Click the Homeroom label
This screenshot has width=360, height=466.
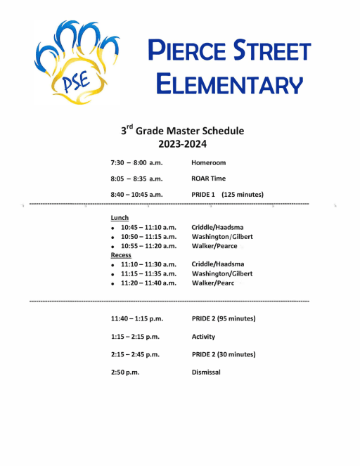pos(208,162)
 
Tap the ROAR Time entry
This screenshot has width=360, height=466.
pos(209,179)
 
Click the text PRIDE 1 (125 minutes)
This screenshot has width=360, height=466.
pos(227,195)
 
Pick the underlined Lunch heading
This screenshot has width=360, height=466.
pos(120,218)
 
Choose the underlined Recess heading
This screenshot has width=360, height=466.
pos(122,255)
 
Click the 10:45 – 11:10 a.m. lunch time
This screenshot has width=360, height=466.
pos(148,228)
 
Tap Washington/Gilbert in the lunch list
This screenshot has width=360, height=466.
pos(221,237)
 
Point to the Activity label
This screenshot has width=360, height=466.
pos(203,337)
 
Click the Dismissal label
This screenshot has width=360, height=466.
pos(206,372)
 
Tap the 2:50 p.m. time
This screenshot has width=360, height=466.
pos(127,372)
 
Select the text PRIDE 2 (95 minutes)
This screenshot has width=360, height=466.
pos(223,319)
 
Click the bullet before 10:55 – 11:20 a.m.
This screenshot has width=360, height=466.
pos(113,247)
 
